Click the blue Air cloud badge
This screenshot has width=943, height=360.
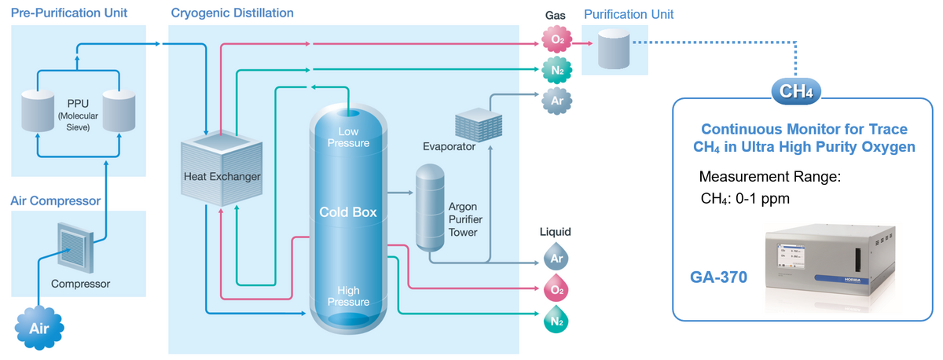click(x=39, y=329)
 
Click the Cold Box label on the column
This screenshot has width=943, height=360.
click(x=347, y=212)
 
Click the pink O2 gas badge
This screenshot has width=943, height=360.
click(x=556, y=40)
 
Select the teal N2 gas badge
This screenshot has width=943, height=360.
click(x=556, y=71)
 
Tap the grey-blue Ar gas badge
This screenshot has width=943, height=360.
click(x=556, y=101)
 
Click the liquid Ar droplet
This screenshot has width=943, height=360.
click(x=556, y=257)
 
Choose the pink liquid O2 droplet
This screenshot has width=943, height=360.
click(x=556, y=289)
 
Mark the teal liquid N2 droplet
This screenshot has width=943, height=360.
click(x=556, y=321)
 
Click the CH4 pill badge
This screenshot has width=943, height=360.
click(x=796, y=91)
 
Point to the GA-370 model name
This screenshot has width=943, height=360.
click(x=718, y=277)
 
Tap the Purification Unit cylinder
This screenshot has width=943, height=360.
click(x=614, y=49)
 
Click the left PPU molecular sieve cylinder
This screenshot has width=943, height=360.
click(x=37, y=111)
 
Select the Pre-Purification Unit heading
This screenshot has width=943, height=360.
click(x=69, y=13)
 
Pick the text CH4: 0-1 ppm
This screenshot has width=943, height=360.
click(x=745, y=198)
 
